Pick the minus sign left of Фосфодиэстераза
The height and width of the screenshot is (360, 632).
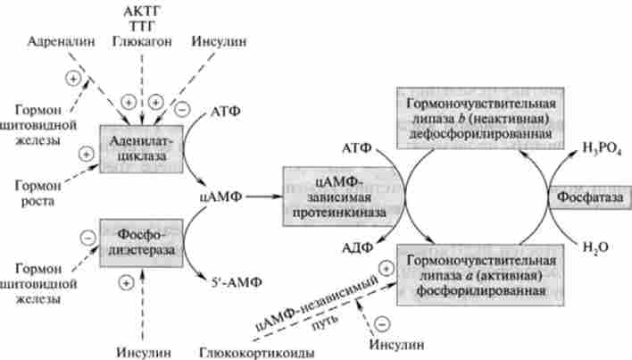(88, 237)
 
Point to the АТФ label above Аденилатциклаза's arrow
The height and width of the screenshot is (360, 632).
(225, 113)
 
